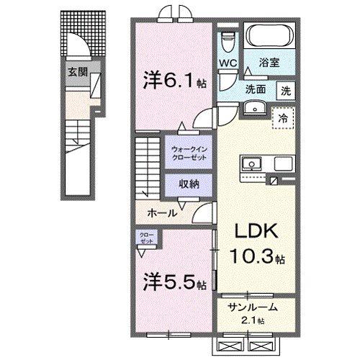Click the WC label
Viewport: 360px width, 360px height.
[x=228, y=63]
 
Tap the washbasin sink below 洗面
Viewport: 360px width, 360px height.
[x=253, y=108]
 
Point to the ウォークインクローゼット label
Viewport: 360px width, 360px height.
[x=188, y=153]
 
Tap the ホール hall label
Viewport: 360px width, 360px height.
[x=163, y=214]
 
